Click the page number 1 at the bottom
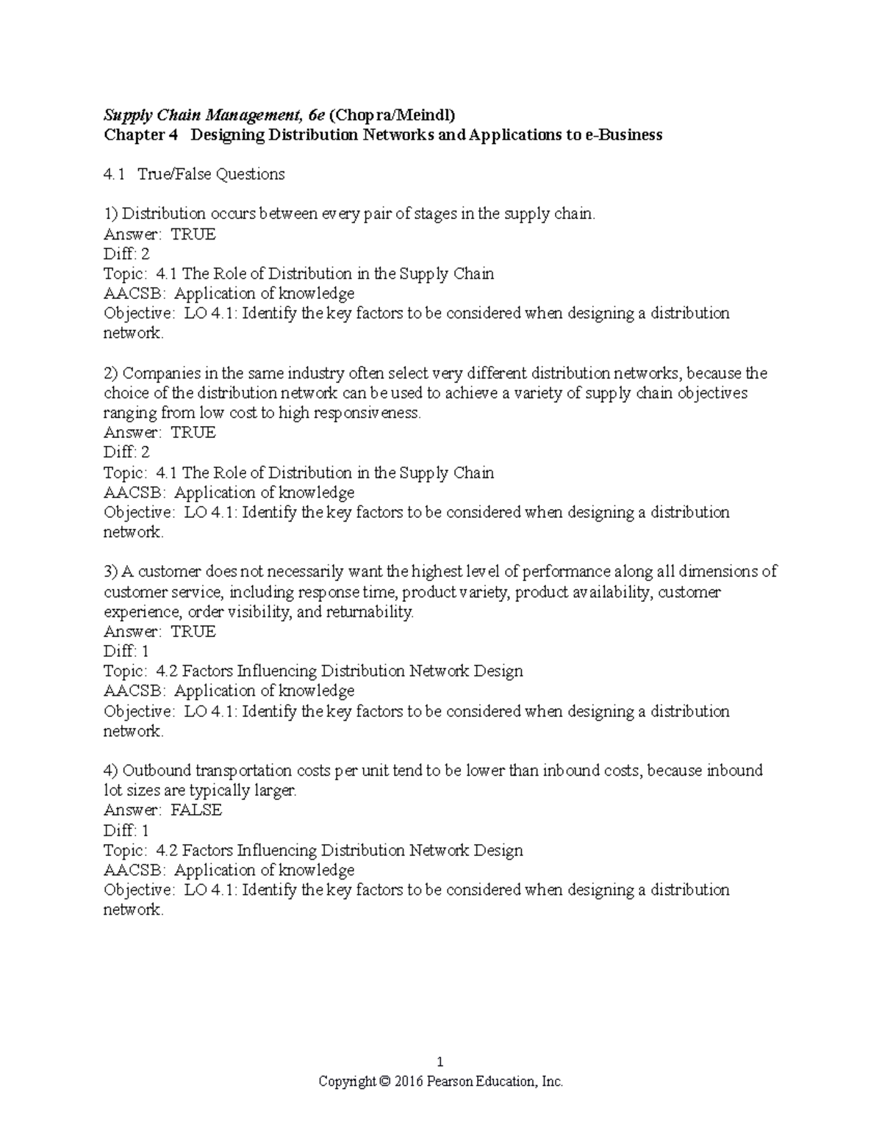(440, 1062)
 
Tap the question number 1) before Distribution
(111, 214)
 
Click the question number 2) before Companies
(111, 373)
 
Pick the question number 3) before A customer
(111, 572)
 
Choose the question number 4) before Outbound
(111, 771)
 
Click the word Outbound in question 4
(157, 771)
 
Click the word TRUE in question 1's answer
(193, 234)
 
